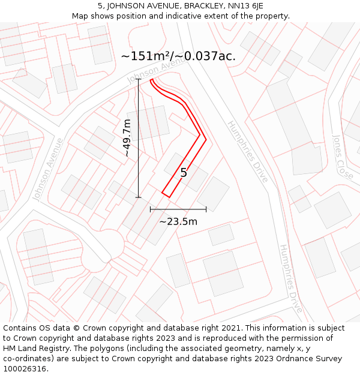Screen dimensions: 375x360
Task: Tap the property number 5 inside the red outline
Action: (x=184, y=173)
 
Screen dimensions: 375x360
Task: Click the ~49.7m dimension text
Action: (x=127, y=138)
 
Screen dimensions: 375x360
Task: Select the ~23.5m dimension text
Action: (x=178, y=221)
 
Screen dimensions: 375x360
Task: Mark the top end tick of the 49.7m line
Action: (x=139, y=79)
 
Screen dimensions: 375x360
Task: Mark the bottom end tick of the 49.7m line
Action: (x=139, y=197)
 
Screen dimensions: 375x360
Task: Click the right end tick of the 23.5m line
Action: (x=206, y=209)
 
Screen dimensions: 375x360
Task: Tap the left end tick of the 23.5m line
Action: (x=151, y=209)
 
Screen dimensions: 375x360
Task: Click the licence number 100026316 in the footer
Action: (x=25, y=368)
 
